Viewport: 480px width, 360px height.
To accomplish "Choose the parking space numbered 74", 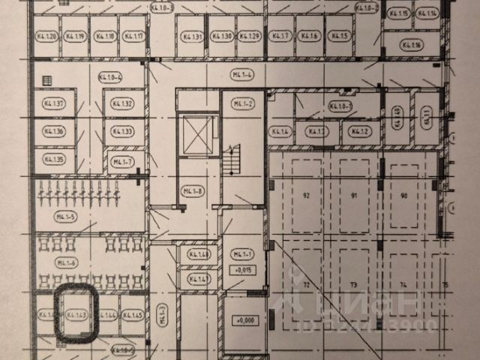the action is (x=403, y=285).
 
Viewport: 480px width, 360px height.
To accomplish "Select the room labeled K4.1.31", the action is (x=193, y=36).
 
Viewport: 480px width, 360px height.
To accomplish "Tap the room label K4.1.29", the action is (x=252, y=36).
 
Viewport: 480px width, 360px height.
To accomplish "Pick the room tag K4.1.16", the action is (x=413, y=45).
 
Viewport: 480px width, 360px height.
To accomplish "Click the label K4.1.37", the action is (x=53, y=103).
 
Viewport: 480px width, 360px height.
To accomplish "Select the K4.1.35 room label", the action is (x=53, y=159).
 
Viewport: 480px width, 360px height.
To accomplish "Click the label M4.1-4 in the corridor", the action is (x=240, y=74).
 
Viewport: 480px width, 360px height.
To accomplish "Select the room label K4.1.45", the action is (x=133, y=314).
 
